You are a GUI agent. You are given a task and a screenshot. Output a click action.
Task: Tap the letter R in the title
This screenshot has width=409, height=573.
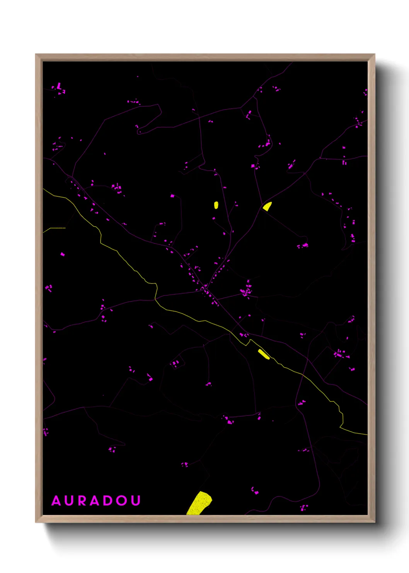pos(83,501)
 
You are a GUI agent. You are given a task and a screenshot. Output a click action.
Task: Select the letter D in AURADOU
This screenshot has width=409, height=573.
pos(109,501)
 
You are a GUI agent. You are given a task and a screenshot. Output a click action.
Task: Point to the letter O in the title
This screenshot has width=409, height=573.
pos(122,501)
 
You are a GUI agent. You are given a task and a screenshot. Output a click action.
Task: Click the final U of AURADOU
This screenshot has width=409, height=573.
pos(135,501)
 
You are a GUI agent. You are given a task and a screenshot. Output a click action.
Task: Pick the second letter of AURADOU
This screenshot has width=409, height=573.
pos(70,501)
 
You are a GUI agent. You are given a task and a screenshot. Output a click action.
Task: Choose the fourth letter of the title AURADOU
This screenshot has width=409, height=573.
pos(96,501)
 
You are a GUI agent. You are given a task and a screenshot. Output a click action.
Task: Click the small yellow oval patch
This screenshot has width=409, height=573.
pos(216,205)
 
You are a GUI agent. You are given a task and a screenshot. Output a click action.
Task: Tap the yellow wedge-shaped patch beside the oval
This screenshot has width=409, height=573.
pos(267,206)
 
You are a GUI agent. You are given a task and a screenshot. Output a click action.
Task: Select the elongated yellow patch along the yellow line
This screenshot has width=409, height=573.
pos(264,354)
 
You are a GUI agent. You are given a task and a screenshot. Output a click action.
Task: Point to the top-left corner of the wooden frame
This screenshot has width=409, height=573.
pos(36,55)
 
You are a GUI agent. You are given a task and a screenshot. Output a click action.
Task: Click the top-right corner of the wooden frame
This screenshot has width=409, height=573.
pos(374,55)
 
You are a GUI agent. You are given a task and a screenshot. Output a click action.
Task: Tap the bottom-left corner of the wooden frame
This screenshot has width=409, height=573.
pos(36,522)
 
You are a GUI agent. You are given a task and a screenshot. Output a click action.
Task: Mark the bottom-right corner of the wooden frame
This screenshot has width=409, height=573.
pos(374,522)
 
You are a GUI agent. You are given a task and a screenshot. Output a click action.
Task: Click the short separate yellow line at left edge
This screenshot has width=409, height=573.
pos(54,229)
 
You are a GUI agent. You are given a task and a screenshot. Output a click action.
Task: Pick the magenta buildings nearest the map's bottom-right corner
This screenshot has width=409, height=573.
pos(304,507)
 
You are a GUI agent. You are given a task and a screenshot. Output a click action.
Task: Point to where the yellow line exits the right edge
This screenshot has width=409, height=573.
pos(366,434)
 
